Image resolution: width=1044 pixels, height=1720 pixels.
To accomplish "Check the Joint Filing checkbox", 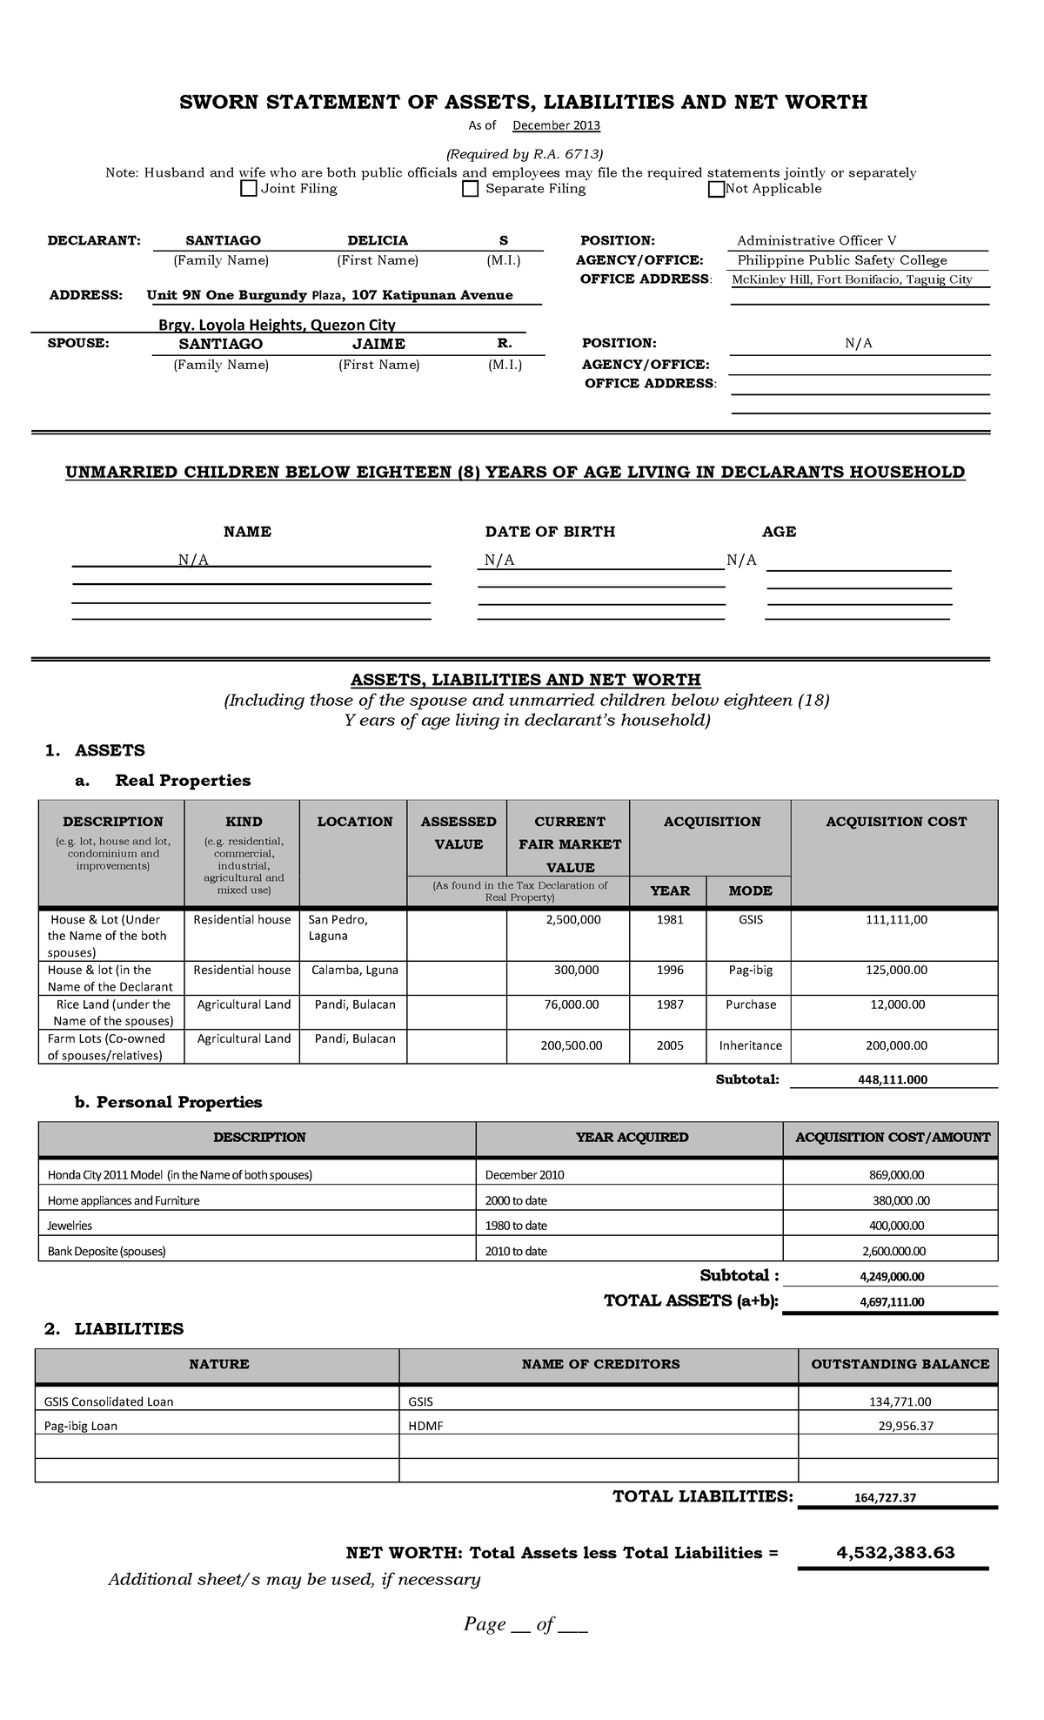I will (x=249, y=189).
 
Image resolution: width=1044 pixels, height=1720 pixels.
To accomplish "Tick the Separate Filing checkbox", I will (x=471, y=189).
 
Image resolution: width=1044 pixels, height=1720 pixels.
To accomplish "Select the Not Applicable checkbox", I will (x=716, y=189).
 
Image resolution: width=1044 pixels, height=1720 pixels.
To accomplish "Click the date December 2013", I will (x=556, y=125).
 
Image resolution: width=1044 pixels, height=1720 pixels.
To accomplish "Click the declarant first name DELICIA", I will (x=378, y=240).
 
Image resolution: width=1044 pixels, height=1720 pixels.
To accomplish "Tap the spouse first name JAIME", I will (x=378, y=344).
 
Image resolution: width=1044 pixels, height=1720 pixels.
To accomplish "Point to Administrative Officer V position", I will (x=816, y=240).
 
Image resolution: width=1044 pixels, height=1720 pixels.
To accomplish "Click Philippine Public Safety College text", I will (x=841, y=260).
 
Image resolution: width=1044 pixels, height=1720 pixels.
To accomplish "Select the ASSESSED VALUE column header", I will (x=458, y=833).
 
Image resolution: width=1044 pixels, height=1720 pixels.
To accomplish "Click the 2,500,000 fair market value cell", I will (x=572, y=919).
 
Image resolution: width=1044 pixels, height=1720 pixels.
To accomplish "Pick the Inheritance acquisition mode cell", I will (x=750, y=1045).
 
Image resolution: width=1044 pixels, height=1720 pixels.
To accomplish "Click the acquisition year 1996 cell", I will (x=670, y=970).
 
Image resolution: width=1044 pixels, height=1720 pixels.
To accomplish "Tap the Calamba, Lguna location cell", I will (x=354, y=970).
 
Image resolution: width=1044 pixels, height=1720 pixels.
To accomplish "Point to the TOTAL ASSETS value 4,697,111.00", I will (x=891, y=1302).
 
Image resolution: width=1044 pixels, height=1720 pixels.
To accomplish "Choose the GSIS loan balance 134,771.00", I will (x=900, y=1401).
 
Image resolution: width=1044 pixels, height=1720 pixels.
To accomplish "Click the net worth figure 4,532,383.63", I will (x=895, y=1552).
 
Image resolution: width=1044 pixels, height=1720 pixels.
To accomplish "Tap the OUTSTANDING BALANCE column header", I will (x=900, y=1364).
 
